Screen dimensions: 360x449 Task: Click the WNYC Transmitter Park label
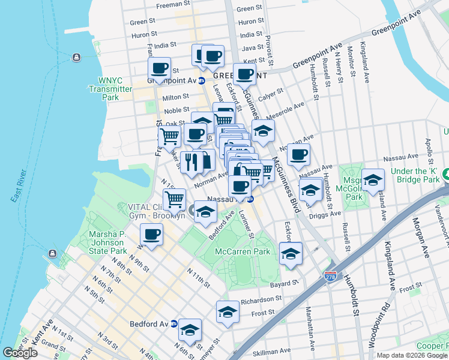pos(110,89)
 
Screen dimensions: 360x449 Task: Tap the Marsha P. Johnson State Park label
pos(108,242)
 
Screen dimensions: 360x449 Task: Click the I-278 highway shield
pos(346,277)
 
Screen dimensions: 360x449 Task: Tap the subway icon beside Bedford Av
pos(174,323)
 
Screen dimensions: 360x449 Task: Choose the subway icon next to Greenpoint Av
pos(202,80)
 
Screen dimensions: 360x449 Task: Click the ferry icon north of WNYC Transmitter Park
pos(76,58)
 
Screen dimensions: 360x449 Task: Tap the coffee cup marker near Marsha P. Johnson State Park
pos(152,235)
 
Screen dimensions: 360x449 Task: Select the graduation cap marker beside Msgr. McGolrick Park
pos(373,180)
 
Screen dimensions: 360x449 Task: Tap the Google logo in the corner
pos(20,353)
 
